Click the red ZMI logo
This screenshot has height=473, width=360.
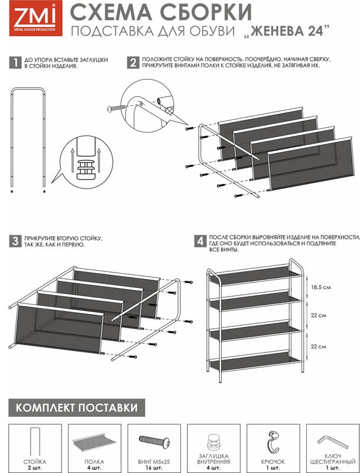[x=36, y=18]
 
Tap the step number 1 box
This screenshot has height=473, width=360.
[x=15, y=63]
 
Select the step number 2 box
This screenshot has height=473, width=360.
[x=133, y=63]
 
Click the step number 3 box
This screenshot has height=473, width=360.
[x=15, y=241]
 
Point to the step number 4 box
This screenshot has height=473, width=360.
[x=200, y=241]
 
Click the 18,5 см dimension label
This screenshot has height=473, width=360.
[x=321, y=287]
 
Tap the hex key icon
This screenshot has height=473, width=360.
[x=333, y=443]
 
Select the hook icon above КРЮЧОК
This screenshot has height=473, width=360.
[x=273, y=442]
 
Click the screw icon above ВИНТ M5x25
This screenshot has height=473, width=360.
[x=154, y=442]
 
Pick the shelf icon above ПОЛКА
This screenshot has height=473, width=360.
[x=95, y=442]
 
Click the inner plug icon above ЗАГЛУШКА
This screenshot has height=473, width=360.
[x=214, y=442]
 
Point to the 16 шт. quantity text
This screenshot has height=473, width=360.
[x=154, y=468]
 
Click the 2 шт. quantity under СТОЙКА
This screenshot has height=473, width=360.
[x=35, y=468]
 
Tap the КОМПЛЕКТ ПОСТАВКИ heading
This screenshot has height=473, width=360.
[x=77, y=408]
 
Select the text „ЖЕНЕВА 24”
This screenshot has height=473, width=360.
[x=286, y=31]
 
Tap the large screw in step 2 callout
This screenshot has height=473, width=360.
[x=116, y=108]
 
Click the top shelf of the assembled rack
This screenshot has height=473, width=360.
[x=255, y=274]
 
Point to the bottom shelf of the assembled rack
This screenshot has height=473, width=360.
[x=255, y=361]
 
